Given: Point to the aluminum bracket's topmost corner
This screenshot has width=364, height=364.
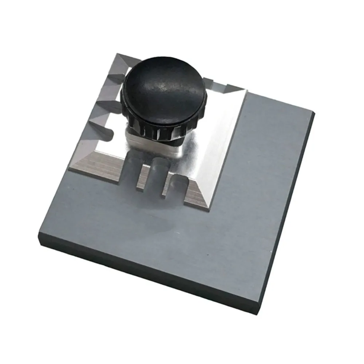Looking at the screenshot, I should (117, 55).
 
